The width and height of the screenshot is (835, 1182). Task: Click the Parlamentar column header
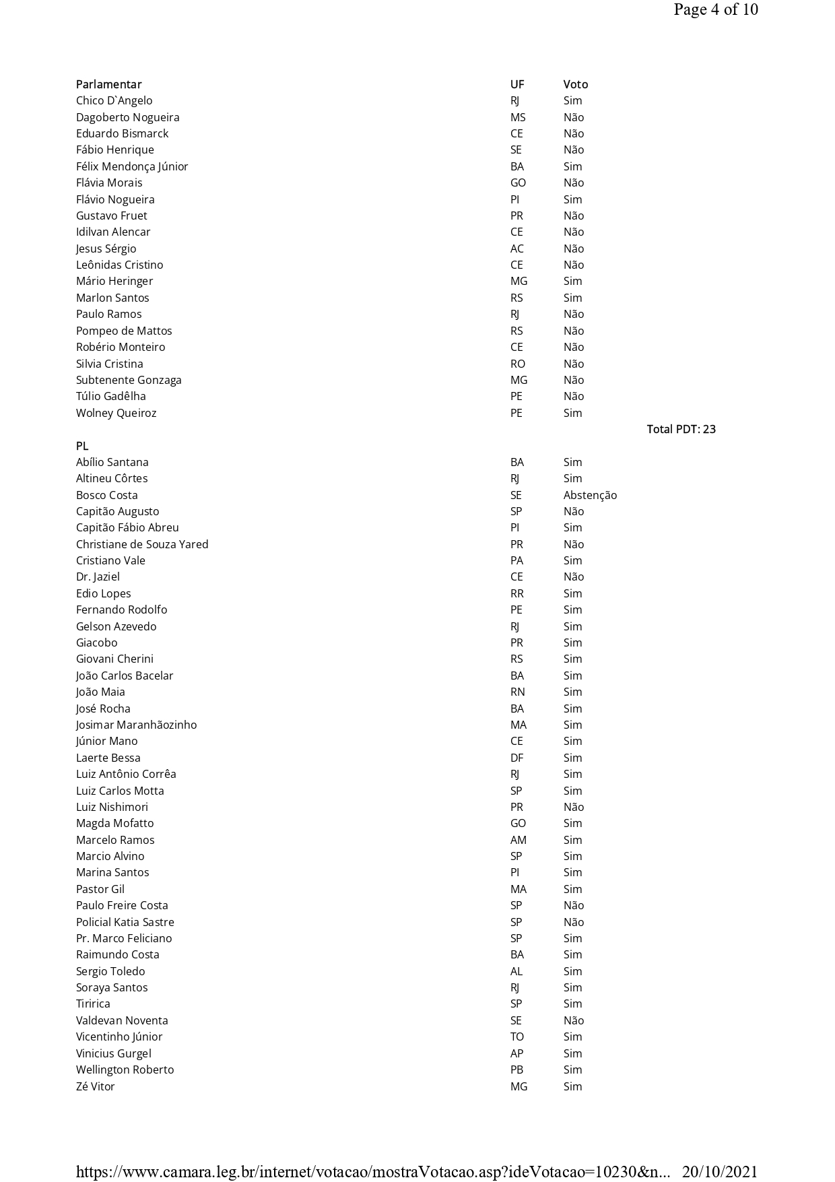[108, 84]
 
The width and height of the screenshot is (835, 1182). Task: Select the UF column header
[516, 84]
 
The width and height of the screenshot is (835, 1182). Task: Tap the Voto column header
[575, 84]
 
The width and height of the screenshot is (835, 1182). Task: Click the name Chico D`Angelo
[114, 100]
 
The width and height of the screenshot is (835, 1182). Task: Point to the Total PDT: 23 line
[681, 429]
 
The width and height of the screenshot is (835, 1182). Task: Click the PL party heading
[82, 446]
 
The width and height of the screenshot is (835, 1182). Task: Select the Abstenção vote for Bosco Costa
[590, 495]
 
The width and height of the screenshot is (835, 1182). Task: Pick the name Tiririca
[93, 1004]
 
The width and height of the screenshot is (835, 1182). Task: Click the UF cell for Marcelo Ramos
[518, 840]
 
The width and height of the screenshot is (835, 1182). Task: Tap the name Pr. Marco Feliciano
[124, 938]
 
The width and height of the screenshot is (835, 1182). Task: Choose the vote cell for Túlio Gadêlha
[573, 396]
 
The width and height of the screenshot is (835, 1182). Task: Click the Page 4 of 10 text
[715, 9]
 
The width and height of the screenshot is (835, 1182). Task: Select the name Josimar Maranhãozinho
[136, 725]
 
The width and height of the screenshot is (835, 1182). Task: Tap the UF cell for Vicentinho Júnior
[516, 1037]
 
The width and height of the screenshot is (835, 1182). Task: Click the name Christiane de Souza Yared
[142, 544]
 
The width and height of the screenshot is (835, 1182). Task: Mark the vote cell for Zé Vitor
[572, 1086]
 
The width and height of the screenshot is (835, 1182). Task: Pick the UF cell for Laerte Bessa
[516, 758]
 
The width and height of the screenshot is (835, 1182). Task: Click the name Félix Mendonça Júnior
[132, 166]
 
